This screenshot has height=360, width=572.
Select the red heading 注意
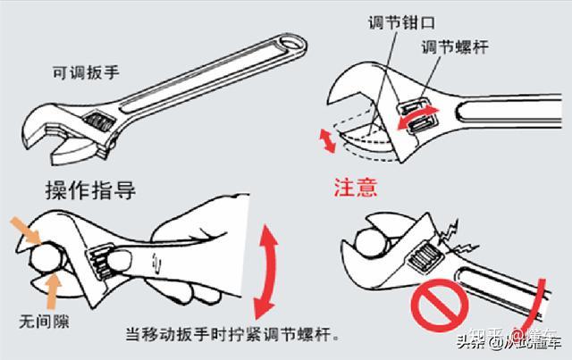click(355, 188)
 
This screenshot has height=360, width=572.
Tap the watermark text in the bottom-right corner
click(509, 339)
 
